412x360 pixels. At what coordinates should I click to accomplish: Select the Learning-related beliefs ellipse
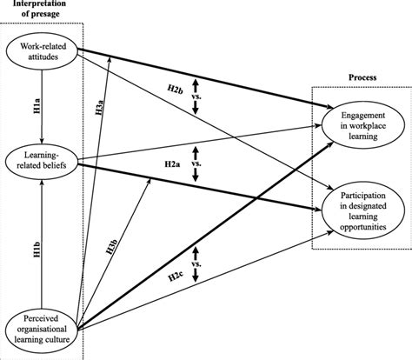(x=41, y=159)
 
